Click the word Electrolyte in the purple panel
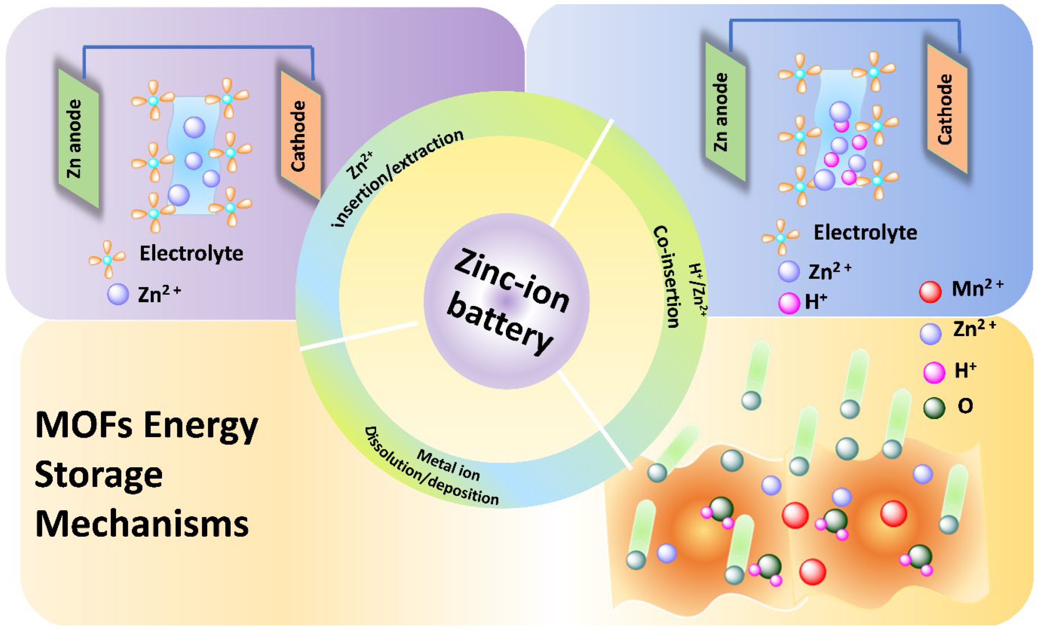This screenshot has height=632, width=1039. [191, 253]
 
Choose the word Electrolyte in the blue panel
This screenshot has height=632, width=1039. [865, 232]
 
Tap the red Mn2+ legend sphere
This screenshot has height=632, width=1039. [930, 292]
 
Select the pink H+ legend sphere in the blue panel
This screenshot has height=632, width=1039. [788, 303]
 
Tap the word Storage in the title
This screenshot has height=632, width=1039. [99, 475]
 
